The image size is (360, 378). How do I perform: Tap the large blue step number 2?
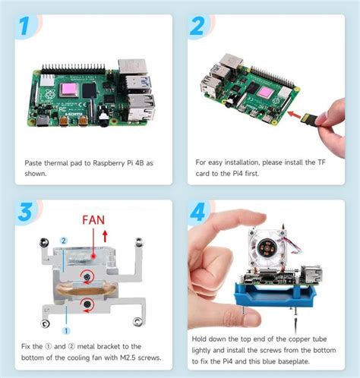(199, 28)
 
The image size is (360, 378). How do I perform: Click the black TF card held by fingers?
(308, 119)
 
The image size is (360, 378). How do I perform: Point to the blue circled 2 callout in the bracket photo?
(65, 240)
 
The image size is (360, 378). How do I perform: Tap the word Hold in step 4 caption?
(204, 340)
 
